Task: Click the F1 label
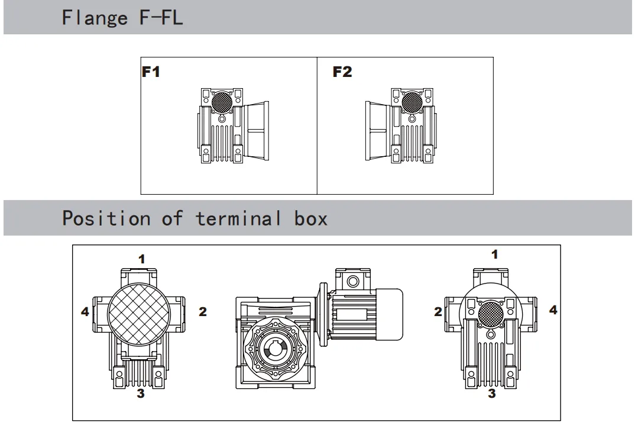click(x=151, y=72)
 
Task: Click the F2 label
click(x=342, y=72)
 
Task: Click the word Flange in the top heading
click(x=95, y=17)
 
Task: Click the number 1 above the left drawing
click(x=142, y=258)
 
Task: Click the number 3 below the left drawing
click(x=141, y=394)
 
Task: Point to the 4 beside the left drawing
click(x=85, y=311)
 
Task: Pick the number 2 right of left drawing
click(x=202, y=311)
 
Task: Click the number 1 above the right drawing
click(x=495, y=255)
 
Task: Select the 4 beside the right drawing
click(x=553, y=309)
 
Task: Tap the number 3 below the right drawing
click(x=492, y=393)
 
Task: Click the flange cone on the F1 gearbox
click(x=257, y=131)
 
